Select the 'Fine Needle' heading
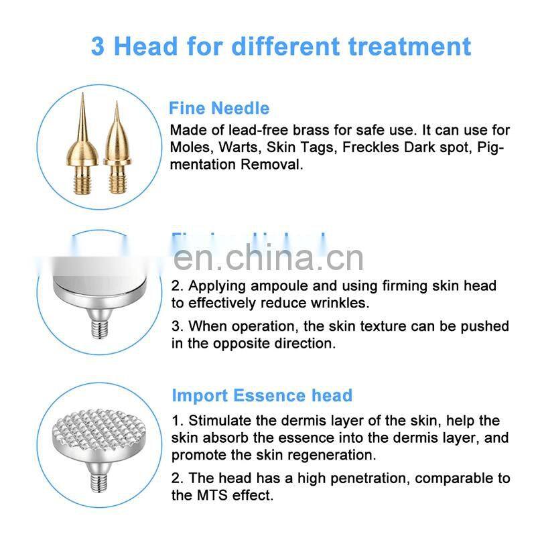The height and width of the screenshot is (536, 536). tap(219, 109)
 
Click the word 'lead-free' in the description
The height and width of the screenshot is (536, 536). tap(259, 130)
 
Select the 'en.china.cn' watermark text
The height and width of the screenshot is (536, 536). tap(268, 257)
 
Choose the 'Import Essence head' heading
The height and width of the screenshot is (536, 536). tap(262, 395)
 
